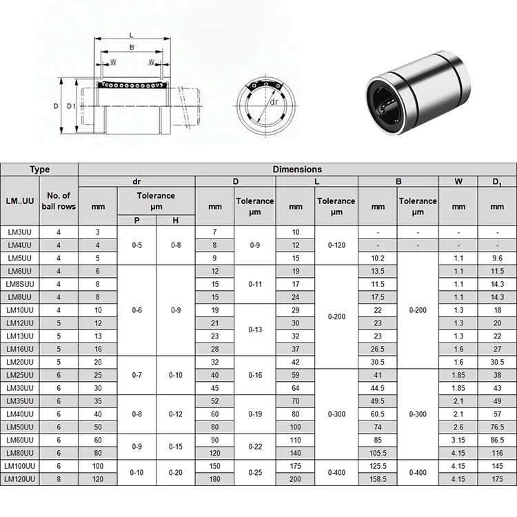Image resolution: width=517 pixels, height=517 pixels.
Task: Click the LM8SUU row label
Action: pos(20,284)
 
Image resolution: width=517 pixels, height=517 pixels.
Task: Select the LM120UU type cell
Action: pos(20,479)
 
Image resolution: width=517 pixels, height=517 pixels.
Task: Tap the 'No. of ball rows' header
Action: pos(59,201)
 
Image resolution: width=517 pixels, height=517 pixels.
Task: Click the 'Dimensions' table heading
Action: pos(297,169)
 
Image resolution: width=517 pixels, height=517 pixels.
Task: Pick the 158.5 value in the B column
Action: pos(378,479)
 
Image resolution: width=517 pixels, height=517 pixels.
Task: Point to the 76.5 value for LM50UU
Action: pos(497,427)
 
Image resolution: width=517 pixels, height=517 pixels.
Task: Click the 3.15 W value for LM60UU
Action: pos(458,440)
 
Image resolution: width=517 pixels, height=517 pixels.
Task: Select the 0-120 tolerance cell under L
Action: pos(336,245)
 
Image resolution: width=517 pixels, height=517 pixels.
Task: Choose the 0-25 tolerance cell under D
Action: pos(255,472)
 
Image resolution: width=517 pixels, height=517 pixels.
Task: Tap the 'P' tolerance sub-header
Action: pos(137,221)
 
